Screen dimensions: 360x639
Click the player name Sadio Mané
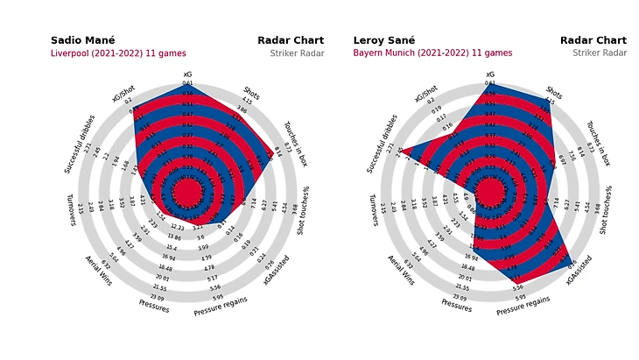point(82,40)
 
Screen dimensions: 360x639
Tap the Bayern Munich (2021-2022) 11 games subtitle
point(432,53)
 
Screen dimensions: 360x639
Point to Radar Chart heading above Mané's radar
point(291,40)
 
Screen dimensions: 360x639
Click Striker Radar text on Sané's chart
point(600,53)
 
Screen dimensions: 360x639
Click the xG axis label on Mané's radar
point(187,74)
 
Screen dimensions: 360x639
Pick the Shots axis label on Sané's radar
point(554,91)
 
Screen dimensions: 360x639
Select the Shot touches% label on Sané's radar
point(608,210)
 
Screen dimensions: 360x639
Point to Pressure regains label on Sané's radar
point(523,303)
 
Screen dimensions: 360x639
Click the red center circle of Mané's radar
point(187,192)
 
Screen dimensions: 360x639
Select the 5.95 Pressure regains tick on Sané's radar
point(520,296)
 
